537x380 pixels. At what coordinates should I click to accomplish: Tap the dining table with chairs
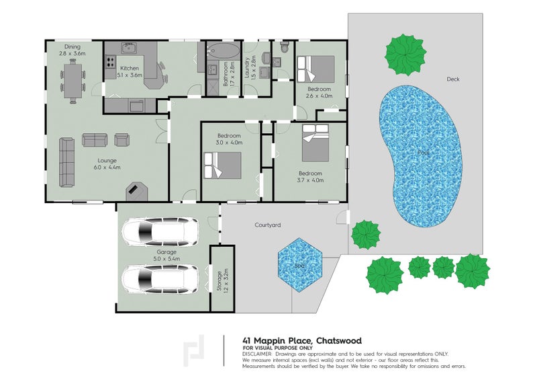point(73,79)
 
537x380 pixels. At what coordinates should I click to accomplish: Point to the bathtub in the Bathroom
point(221,51)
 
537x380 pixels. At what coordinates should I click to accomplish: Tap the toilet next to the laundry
point(285,48)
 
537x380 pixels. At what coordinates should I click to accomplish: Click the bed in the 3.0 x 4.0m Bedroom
point(222,165)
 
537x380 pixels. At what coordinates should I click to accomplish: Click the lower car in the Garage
point(160,278)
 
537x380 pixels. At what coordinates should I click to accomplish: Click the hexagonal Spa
point(300,264)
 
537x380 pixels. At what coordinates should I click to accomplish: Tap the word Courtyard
point(267,225)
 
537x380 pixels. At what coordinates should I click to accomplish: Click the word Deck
point(453,79)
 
